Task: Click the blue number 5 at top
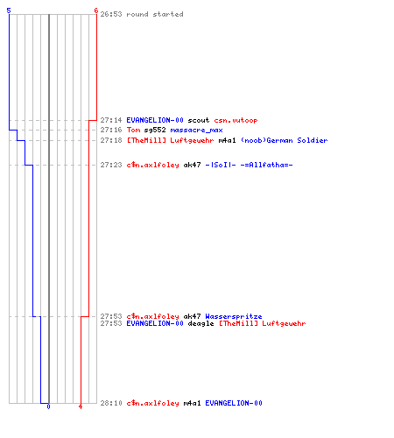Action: click(x=9, y=11)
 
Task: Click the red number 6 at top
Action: click(x=95, y=11)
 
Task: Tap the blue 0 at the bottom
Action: click(x=48, y=406)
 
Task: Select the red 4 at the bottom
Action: click(x=81, y=406)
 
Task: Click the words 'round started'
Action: click(x=155, y=14)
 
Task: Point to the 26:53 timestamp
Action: click(x=111, y=14)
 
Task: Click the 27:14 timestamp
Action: click(x=111, y=120)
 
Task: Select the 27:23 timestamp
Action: click(x=111, y=165)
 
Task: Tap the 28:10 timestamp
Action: click(x=111, y=403)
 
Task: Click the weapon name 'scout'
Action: click(x=199, y=120)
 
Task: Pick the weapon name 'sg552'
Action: click(x=155, y=130)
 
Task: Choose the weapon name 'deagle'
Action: click(x=201, y=323)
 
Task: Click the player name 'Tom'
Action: click(x=133, y=130)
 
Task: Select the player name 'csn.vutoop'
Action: click(x=236, y=120)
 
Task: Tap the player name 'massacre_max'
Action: click(x=196, y=130)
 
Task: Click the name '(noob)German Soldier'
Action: click(x=284, y=140)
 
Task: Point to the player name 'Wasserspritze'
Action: click(x=234, y=316)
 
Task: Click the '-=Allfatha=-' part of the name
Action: click(x=266, y=165)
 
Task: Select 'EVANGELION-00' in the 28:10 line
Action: click(x=234, y=403)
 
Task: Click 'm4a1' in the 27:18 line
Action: click(x=227, y=140)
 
